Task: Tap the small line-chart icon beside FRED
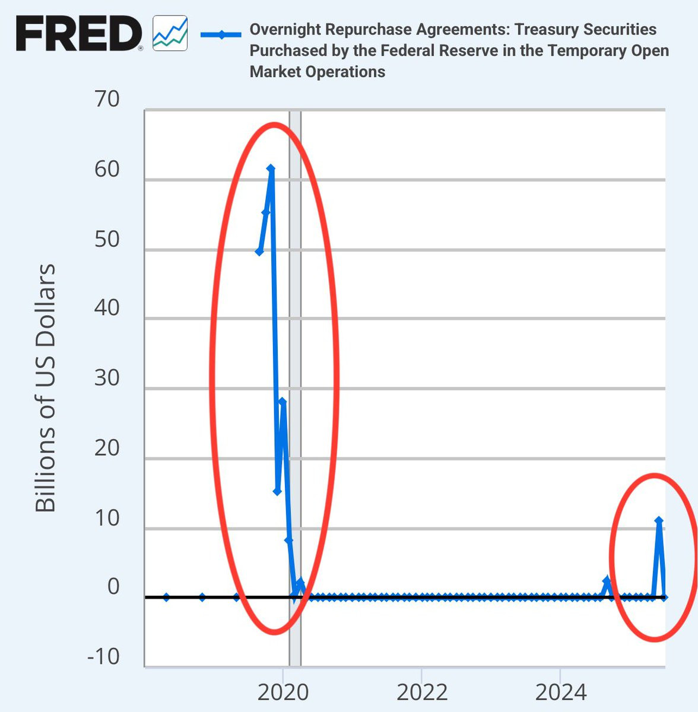point(170,34)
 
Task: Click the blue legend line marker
point(221,34)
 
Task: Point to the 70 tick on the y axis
point(107,99)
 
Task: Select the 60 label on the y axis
point(107,169)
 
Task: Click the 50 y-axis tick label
point(107,239)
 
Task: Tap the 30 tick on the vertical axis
point(107,378)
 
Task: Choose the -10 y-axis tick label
point(103,657)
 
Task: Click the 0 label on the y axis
point(113,587)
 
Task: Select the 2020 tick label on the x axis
point(283,692)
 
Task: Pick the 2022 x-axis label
point(421,692)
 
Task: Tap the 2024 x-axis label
point(560,692)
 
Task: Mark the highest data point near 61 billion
point(271,169)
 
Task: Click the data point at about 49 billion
point(259,252)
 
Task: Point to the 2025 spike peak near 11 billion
point(659,520)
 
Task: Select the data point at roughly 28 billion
point(283,402)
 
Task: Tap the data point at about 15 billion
point(277,491)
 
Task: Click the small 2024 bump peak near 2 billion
point(607,580)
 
